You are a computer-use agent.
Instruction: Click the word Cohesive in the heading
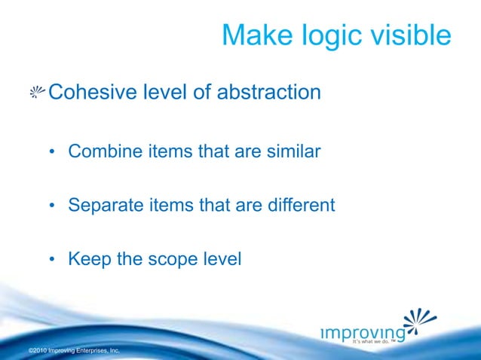click(x=90, y=93)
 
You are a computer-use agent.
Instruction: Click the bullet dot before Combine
click(x=53, y=152)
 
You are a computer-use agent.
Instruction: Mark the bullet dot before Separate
click(x=53, y=206)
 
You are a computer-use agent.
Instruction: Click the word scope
click(x=170, y=260)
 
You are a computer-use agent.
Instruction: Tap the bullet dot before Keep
click(x=53, y=260)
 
